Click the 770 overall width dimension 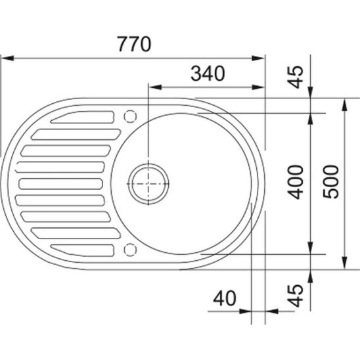coord(134,44)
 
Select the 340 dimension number coord(208,74)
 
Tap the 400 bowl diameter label coord(296,182)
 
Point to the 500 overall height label coord(330,181)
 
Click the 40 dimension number coord(225,298)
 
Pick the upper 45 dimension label coord(296,77)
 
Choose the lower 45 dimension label coord(296,296)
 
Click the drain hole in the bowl coord(148,184)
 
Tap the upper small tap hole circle coord(130,116)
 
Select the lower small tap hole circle coord(130,250)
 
